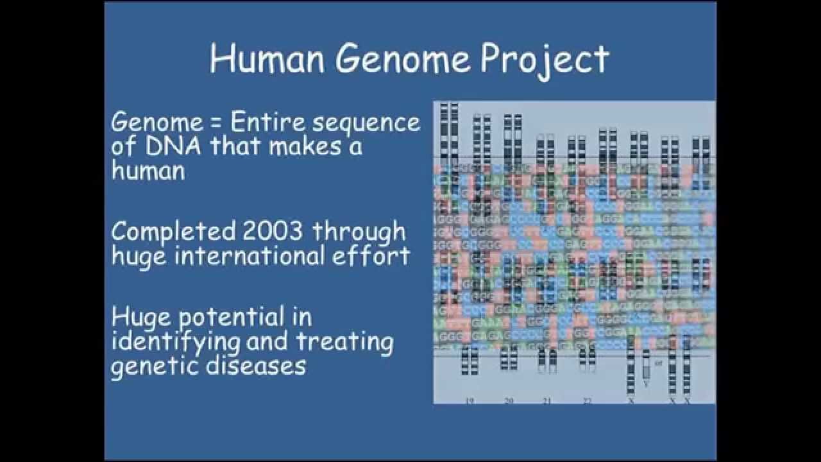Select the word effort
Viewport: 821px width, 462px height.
coord(379,256)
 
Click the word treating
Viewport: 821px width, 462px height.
coord(345,342)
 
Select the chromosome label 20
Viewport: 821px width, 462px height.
coord(509,400)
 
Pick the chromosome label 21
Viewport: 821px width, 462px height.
coord(546,400)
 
